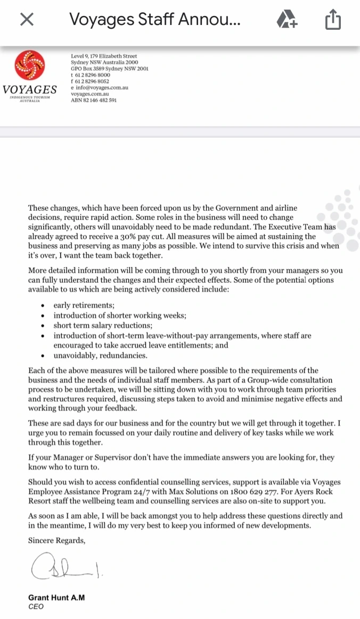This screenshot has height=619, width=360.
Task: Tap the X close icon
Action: click(x=27, y=20)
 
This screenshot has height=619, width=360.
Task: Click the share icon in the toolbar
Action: click(x=332, y=21)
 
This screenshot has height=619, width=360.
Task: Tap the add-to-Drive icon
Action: click(x=287, y=21)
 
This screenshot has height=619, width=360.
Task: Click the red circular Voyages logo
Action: click(x=30, y=66)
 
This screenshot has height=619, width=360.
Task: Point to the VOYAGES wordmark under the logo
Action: click(x=30, y=89)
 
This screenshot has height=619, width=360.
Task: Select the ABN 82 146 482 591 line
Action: click(x=94, y=100)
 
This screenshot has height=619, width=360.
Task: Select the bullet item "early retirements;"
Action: click(x=84, y=306)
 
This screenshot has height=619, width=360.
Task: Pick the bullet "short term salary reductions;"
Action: click(x=103, y=325)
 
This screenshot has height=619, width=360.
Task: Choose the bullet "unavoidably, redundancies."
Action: click(x=100, y=355)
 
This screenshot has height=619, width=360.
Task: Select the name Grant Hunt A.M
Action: click(x=56, y=597)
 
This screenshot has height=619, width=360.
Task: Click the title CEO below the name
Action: click(x=36, y=606)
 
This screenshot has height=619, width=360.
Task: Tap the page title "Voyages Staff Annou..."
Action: click(x=154, y=20)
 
